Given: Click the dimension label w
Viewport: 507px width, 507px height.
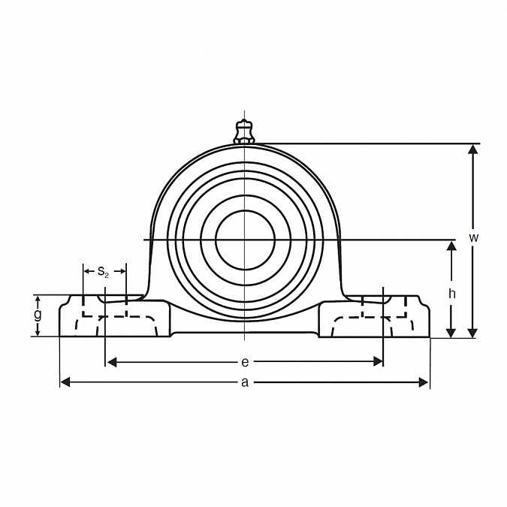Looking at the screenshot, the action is (473, 237).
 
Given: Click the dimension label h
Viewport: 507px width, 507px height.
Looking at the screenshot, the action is (452, 294).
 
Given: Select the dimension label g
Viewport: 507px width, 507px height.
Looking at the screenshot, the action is (38, 315).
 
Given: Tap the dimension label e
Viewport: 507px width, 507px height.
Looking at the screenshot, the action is (245, 362).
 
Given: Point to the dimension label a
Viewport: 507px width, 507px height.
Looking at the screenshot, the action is (245, 382).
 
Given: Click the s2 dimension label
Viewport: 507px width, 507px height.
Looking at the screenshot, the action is (103, 272).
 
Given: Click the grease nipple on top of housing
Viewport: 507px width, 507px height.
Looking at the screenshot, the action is (244, 131).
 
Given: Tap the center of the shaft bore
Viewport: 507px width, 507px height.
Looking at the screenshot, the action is (245, 240).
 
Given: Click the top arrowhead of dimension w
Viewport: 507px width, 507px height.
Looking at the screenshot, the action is (473, 149).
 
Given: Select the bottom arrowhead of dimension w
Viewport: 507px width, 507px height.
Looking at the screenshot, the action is (473, 333).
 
